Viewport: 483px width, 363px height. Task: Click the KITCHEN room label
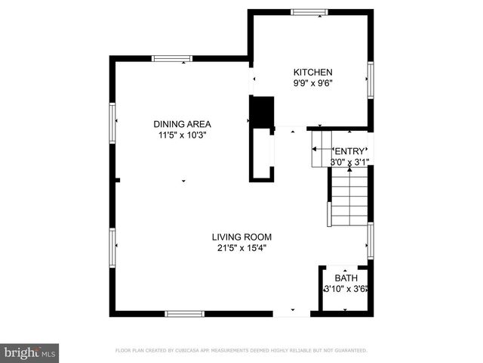click(x=312, y=72)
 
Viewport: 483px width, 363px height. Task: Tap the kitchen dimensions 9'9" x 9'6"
click(x=312, y=83)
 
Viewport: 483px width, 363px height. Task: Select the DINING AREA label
click(x=182, y=124)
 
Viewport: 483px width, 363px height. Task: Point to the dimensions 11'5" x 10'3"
click(x=182, y=135)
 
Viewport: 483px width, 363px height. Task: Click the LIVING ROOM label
click(x=241, y=236)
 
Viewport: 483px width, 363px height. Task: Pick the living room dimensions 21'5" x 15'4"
click(x=241, y=247)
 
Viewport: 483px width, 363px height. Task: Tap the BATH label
click(x=346, y=278)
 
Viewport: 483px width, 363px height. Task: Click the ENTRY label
click(x=349, y=150)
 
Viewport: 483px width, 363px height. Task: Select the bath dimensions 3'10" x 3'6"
click(x=346, y=288)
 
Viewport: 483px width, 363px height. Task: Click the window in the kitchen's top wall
click(x=306, y=12)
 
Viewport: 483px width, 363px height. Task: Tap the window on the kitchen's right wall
click(x=371, y=80)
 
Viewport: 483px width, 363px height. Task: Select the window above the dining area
click(x=172, y=58)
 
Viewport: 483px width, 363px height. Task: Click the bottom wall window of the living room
click(x=185, y=313)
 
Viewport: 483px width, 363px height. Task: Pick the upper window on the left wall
click(x=113, y=123)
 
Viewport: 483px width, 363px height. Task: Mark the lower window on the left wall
click(x=113, y=249)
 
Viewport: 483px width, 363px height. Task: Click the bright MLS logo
click(x=29, y=352)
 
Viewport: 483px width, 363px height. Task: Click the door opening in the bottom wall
click(x=291, y=313)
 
